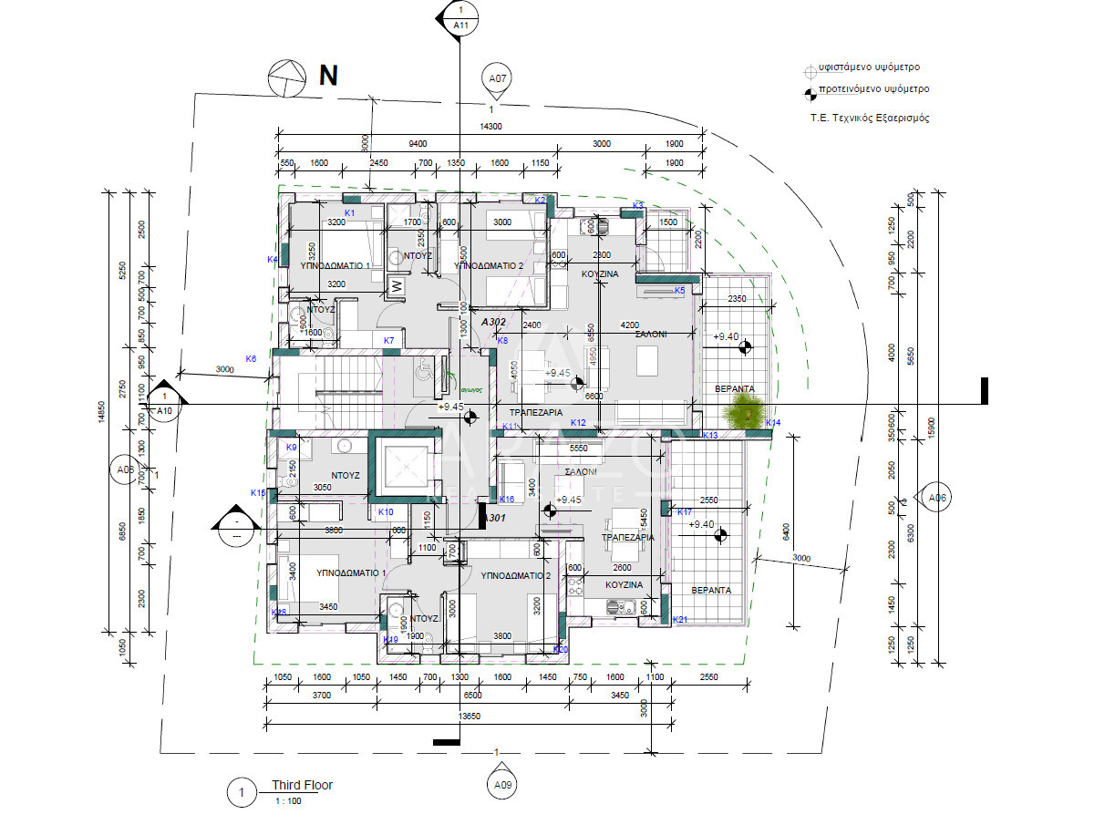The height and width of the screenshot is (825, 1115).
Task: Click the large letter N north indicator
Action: coord(328,76)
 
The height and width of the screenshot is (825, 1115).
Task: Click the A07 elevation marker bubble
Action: coord(498,79)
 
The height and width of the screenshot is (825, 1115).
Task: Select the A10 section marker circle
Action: coord(165,409)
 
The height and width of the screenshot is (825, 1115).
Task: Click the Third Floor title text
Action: coord(302,785)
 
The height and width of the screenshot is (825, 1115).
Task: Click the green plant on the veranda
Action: coord(743,412)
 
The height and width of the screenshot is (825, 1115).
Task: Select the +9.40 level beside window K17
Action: coord(701,524)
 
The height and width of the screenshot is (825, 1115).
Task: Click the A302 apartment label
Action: coord(493,322)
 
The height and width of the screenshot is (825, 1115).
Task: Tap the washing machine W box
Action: coord(397,285)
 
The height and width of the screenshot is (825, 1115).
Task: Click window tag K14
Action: coord(773,423)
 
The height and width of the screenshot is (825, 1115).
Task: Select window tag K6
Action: coord(251,359)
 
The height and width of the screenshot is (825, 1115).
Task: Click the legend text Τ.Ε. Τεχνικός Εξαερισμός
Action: coord(870,119)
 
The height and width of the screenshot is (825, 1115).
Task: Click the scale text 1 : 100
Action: coord(288,801)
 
